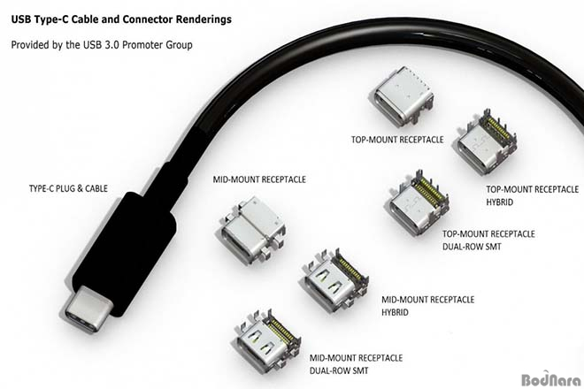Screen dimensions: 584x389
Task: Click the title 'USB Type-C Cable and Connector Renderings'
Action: pos(121,19)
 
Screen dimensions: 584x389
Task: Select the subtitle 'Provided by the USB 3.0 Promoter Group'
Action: pos(102,45)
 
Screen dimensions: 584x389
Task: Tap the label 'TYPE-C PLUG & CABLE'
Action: pos(68,188)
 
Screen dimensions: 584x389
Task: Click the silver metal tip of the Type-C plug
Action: pos(88,309)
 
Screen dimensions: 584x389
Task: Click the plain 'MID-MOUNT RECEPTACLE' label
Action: pos(259,179)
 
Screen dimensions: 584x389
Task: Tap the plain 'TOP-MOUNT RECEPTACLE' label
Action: pos(397,140)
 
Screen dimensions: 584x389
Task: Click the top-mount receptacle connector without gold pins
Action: pos(403,96)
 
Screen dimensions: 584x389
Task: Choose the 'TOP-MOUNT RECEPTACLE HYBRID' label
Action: pos(533,195)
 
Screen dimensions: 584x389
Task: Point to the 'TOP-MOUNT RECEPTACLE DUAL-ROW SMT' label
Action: pos(488,240)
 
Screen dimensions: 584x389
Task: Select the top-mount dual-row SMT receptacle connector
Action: pos(418,203)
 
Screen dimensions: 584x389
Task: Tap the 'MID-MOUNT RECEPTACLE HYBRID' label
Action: pos(428,306)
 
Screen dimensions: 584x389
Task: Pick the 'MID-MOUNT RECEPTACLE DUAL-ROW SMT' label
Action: pos(356,364)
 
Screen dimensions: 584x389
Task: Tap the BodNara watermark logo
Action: pos(551,379)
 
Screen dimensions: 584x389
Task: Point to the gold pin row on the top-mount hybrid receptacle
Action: pos(497,129)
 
